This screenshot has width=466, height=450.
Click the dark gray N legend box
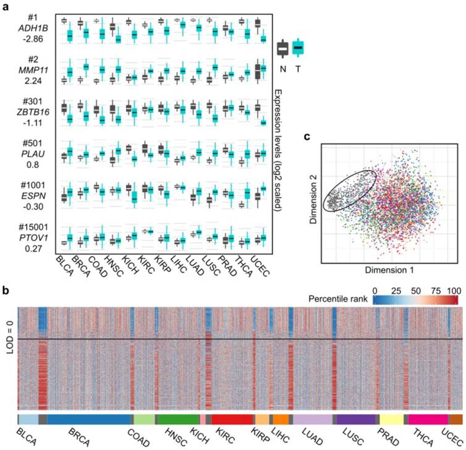tap(283, 48)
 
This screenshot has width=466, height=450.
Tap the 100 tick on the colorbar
tap(455, 290)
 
